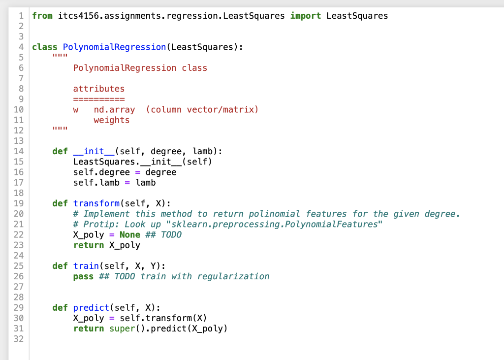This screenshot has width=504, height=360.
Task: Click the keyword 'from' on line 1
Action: (42, 16)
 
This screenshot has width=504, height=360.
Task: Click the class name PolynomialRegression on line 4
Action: (115, 47)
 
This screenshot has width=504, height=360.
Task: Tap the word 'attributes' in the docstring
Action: (99, 89)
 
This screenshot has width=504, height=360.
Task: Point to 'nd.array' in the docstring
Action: (114, 109)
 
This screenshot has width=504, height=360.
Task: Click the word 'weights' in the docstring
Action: (112, 120)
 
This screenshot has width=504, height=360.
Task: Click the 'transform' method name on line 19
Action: (96, 203)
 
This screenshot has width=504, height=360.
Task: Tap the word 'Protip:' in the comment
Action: (101, 224)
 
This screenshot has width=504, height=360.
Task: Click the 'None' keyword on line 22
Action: (130, 234)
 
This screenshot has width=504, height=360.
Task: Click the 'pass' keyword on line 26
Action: (83, 276)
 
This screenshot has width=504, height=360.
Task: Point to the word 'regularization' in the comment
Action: (233, 276)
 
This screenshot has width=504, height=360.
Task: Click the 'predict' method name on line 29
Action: (91, 308)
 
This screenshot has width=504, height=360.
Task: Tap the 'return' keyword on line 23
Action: (89, 245)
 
